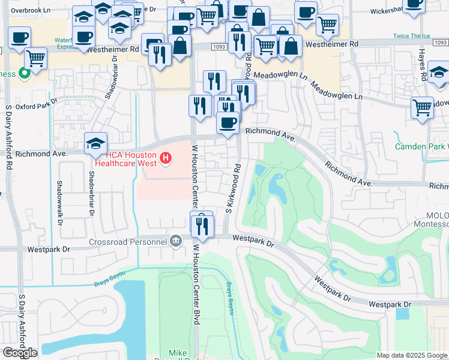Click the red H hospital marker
coord(166,158)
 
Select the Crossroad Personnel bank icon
coord(175,241)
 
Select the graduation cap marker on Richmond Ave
coord(95,144)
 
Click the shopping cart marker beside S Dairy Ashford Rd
coord(37,59)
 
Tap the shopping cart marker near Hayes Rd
coord(423,108)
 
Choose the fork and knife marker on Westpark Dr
coord(202,226)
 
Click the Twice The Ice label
coord(413,36)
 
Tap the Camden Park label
coord(421,146)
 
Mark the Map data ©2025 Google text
coord(412,355)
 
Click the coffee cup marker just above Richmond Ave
coord(228,122)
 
